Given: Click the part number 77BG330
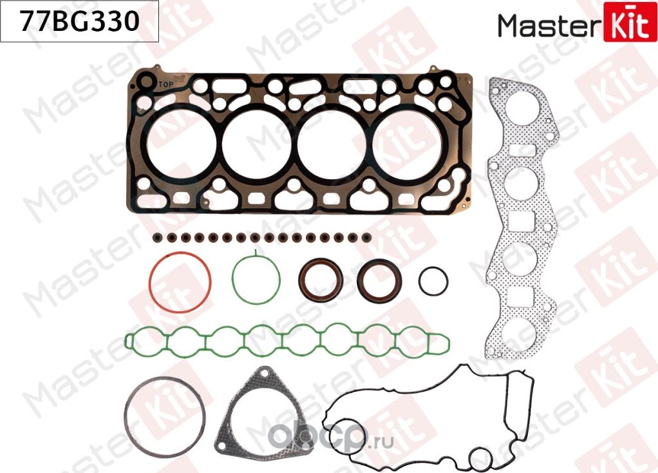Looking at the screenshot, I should pos(79,23).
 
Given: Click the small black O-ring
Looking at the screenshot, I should pos(433,280).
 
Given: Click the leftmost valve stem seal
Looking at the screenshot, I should pos(157,238).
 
